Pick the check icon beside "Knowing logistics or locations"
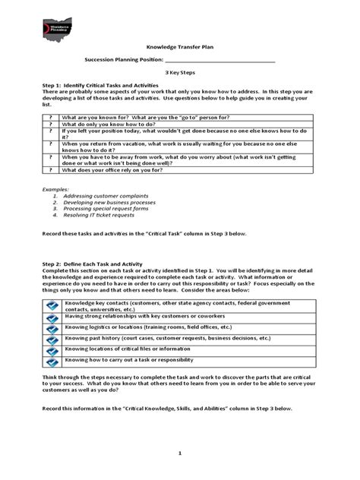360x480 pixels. tap(52, 330)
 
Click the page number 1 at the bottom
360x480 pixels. tap(179, 453)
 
